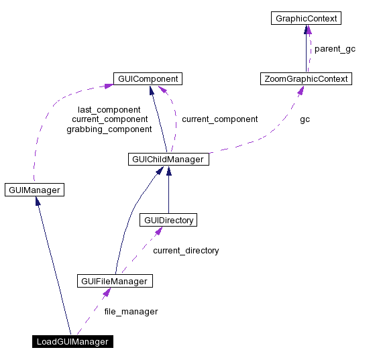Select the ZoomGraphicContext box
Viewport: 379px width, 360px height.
click(306, 79)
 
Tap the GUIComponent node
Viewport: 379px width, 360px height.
click(148, 79)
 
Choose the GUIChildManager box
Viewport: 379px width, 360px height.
click(168, 160)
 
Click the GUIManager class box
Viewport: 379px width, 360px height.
click(34, 190)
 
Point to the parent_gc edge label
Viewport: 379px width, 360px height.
click(335, 49)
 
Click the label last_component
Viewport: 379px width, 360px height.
click(109, 109)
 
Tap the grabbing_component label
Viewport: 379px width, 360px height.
click(109, 129)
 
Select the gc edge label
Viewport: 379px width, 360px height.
click(305, 119)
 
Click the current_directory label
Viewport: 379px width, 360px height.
click(186, 250)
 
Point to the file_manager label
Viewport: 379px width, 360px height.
click(131, 311)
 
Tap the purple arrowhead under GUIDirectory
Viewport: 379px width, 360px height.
click(158, 231)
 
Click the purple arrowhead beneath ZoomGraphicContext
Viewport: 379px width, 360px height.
click(299, 91)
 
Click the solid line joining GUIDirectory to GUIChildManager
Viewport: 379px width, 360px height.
click(168, 194)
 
